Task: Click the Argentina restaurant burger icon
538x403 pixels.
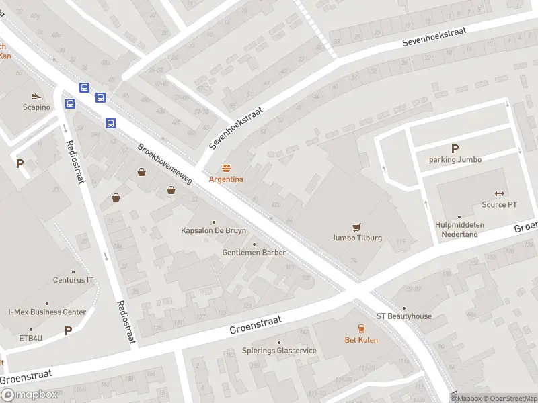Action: [227, 169]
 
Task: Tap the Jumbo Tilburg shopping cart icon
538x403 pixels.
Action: [356, 227]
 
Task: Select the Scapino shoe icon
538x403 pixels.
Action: [36, 96]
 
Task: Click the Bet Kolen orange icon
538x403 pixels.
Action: [362, 328]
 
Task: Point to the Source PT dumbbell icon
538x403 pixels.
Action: [499, 193]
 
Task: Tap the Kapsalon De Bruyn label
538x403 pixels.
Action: [214, 230]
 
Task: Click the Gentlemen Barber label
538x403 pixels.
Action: [254, 253]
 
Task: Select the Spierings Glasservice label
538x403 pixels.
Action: [279, 351]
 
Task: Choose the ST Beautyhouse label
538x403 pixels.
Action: [403, 316]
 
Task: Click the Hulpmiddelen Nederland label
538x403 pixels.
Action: [459, 230]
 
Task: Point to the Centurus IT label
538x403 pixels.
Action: [73, 280]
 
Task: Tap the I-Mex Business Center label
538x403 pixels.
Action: [47, 312]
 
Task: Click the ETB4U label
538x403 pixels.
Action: [30, 337]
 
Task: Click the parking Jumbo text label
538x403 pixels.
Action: [455, 160]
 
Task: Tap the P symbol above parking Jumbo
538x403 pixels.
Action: [455, 148]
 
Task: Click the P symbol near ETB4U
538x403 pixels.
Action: [68, 330]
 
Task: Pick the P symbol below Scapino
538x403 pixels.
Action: [20, 163]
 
